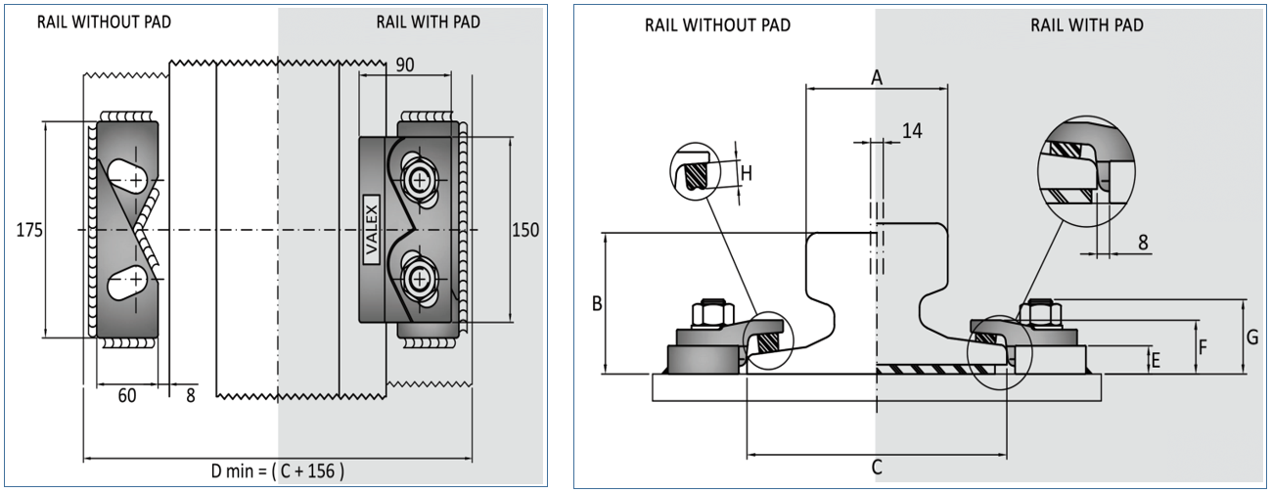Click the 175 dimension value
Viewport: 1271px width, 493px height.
[x=29, y=231]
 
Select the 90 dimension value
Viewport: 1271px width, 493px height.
[x=404, y=64]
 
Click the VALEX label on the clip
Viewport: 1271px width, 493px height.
[x=372, y=231]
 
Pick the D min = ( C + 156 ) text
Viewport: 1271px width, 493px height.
[x=278, y=471]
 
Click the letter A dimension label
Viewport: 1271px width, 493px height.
[x=877, y=79]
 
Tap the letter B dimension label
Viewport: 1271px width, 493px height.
[x=596, y=303]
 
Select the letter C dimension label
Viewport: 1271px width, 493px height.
[x=877, y=467]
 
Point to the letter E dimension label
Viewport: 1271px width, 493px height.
[x=1156, y=361]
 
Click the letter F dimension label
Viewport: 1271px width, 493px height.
[x=1203, y=346]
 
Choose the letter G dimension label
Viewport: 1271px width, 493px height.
[x=1252, y=336]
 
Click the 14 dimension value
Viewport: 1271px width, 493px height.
[x=911, y=130]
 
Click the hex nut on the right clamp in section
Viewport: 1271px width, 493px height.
[x=1039, y=314]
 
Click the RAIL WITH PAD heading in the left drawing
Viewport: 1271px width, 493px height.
[x=429, y=22]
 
